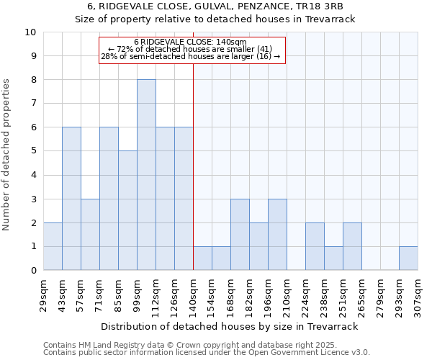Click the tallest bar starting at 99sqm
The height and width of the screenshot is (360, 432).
pos(146,175)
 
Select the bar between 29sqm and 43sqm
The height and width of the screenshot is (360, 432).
pos(53,246)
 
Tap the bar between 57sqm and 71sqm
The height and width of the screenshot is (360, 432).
pos(90,235)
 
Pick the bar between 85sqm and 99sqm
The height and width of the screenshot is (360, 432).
pos(127,210)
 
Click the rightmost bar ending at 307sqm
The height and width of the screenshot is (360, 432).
pos(408,258)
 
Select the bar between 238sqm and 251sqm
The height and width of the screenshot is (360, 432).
pos(333,258)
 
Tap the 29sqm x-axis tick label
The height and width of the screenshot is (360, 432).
pos(44,292)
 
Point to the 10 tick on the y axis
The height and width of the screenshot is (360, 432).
pos(31,32)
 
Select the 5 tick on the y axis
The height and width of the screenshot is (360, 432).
pos(34,151)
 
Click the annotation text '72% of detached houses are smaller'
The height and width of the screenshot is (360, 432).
pos(190,49)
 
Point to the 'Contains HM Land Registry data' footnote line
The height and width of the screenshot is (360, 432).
pos(206,346)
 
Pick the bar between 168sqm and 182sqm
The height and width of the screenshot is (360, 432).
pos(240,235)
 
